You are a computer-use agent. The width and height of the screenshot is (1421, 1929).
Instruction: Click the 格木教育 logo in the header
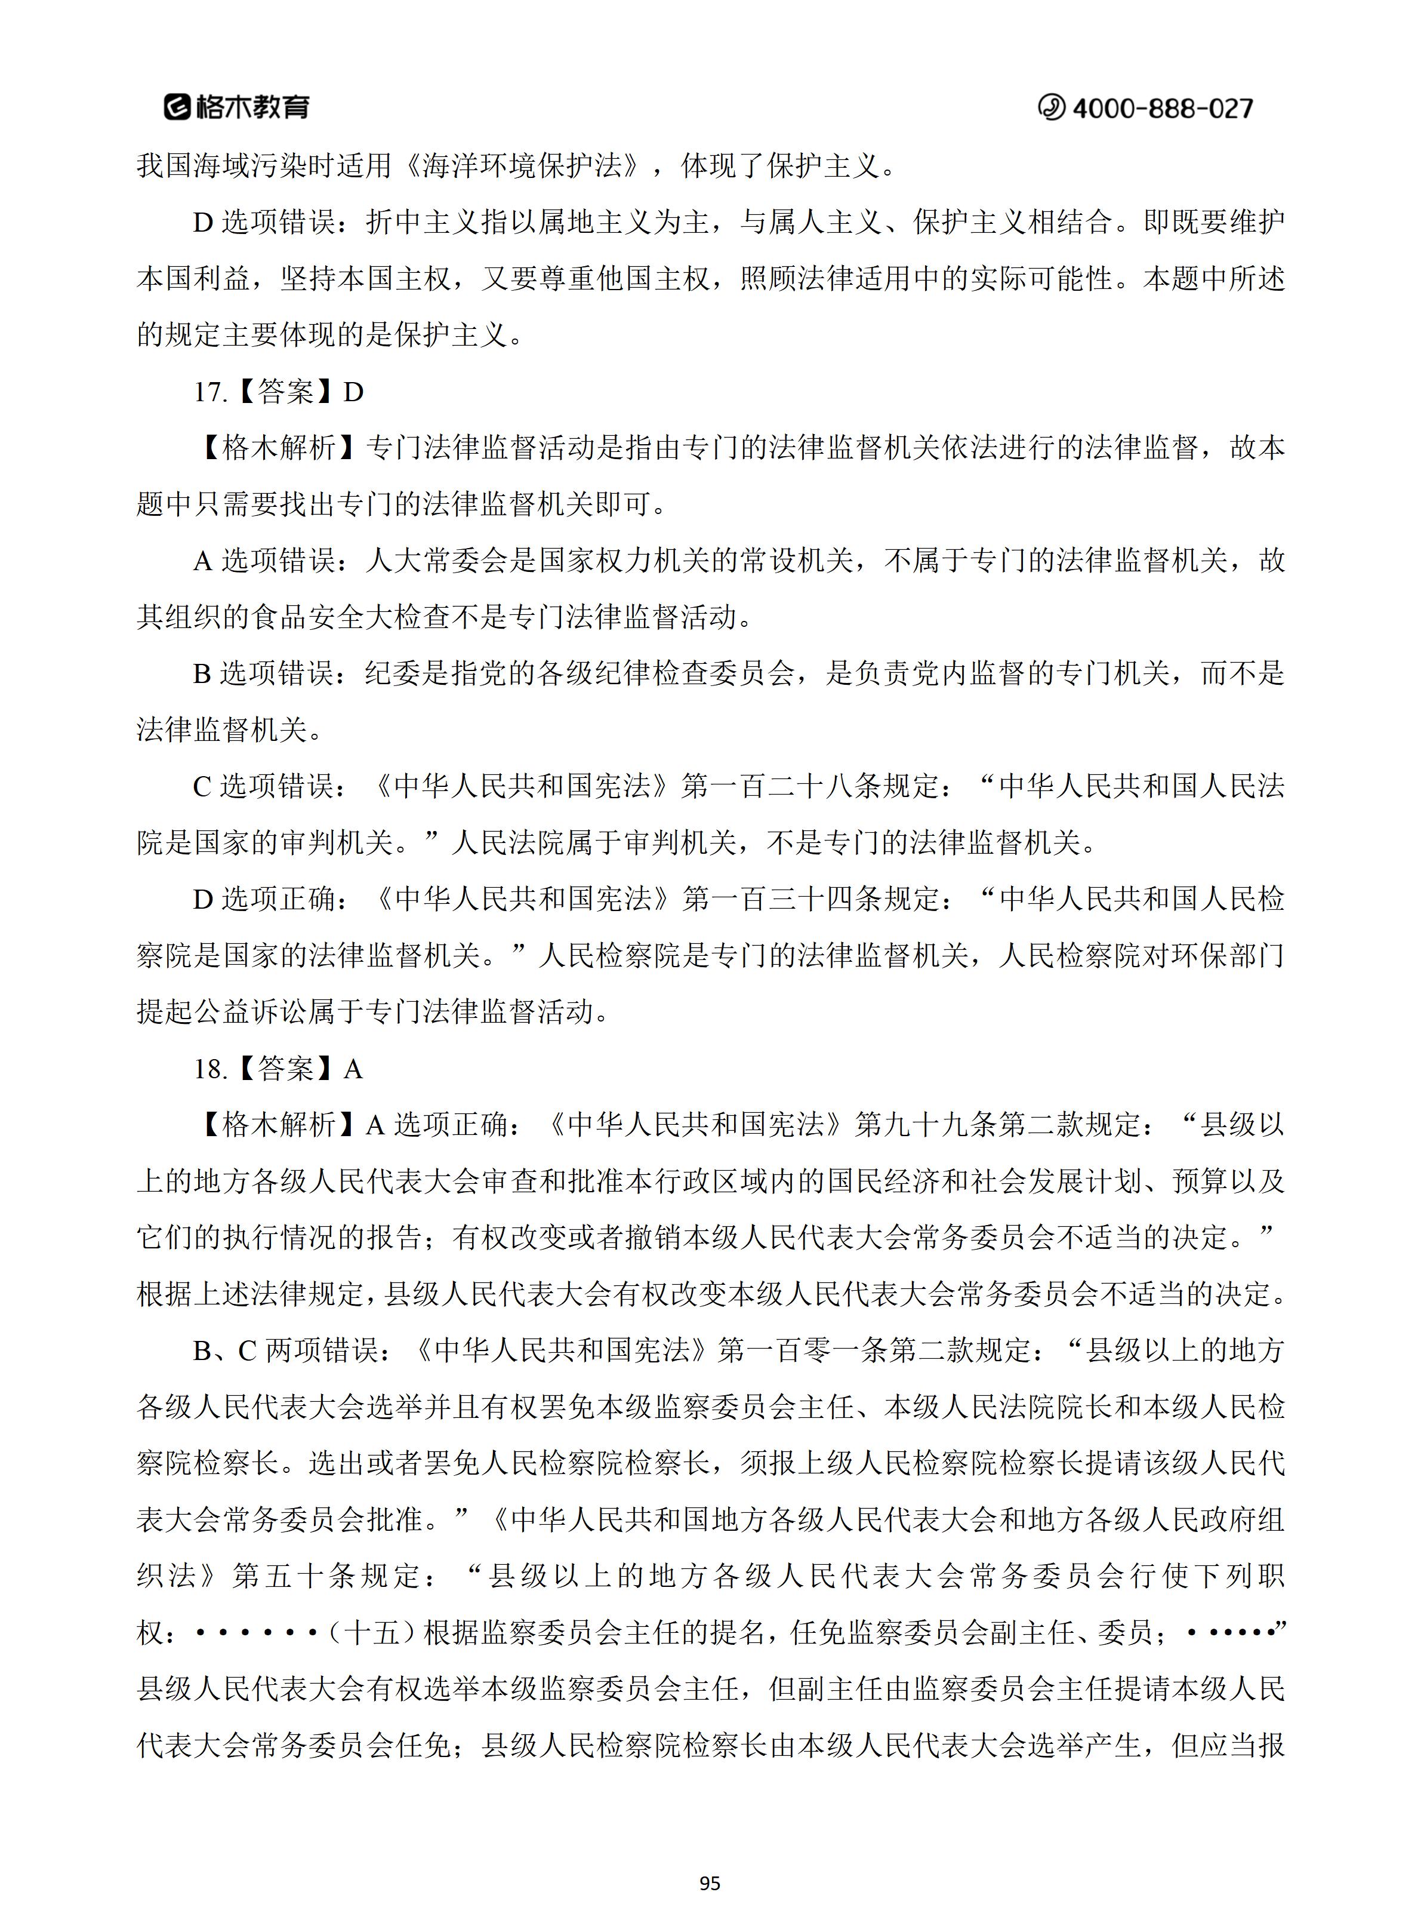[236, 107]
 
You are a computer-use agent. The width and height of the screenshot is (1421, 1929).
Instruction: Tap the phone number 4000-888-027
[1163, 109]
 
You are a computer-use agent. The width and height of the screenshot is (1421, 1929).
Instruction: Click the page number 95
[710, 1884]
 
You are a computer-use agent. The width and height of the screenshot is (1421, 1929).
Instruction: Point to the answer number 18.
[208, 1069]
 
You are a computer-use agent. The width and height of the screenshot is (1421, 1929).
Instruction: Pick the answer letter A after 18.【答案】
[353, 1069]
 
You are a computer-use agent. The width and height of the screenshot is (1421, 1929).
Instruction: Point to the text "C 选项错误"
[263, 786]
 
